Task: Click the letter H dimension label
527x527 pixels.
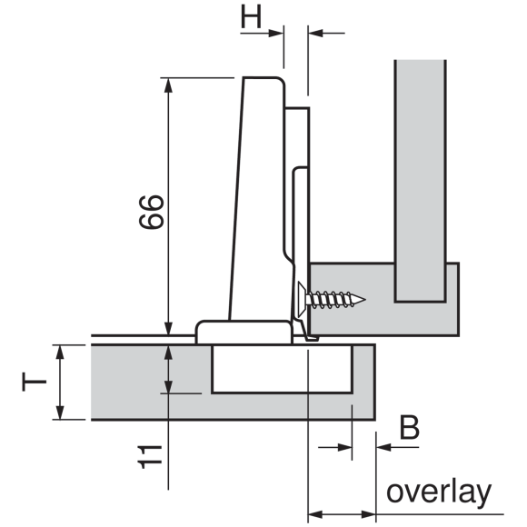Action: [x=251, y=17]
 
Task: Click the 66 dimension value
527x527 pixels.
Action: [x=152, y=212]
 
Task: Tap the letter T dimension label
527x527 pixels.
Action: [x=34, y=382]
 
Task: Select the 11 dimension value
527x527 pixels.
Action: [x=150, y=457]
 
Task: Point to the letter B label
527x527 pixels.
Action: [x=410, y=427]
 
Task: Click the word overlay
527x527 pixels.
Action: [x=439, y=493]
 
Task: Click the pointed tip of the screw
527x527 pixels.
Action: [x=364, y=299]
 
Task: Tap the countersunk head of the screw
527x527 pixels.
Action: [x=302, y=299]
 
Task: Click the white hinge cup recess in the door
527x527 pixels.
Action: [x=282, y=369]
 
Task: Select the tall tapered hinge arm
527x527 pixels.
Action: [x=259, y=198]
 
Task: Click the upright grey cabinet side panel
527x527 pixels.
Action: [x=420, y=181]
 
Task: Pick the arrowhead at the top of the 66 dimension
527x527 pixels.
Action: [x=168, y=85]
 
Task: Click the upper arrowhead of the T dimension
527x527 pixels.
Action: [x=60, y=353]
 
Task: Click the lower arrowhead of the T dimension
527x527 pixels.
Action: [x=60, y=413]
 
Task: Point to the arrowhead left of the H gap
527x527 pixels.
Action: [x=276, y=34]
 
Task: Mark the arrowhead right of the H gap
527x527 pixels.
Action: [x=315, y=34]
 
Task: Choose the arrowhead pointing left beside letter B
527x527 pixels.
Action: [x=383, y=447]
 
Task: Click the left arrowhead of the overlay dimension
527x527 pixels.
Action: [x=315, y=514]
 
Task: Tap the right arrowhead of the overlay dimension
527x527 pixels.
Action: [x=368, y=514]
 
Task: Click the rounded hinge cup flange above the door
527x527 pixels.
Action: [x=244, y=332]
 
